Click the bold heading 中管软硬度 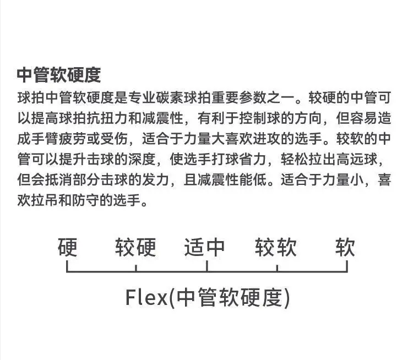pyautogui.click(x=58, y=75)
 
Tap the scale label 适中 pyautogui.click(x=205, y=248)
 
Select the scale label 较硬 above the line pyautogui.click(x=135, y=248)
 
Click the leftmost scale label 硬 pyautogui.click(x=67, y=248)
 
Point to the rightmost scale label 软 pyautogui.click(x=346, y=248)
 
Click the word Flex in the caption pyautogui.click(x=146, y=298)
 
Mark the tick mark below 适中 pyautogui.click(x=206, y=267)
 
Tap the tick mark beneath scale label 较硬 pyautogui.click(x=136, y=267)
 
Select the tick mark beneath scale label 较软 pyautogui.click(x=277, y=267)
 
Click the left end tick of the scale pyautogui.click(x=67, y=267)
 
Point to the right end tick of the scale pyautogui.click(x=347, y=267)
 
